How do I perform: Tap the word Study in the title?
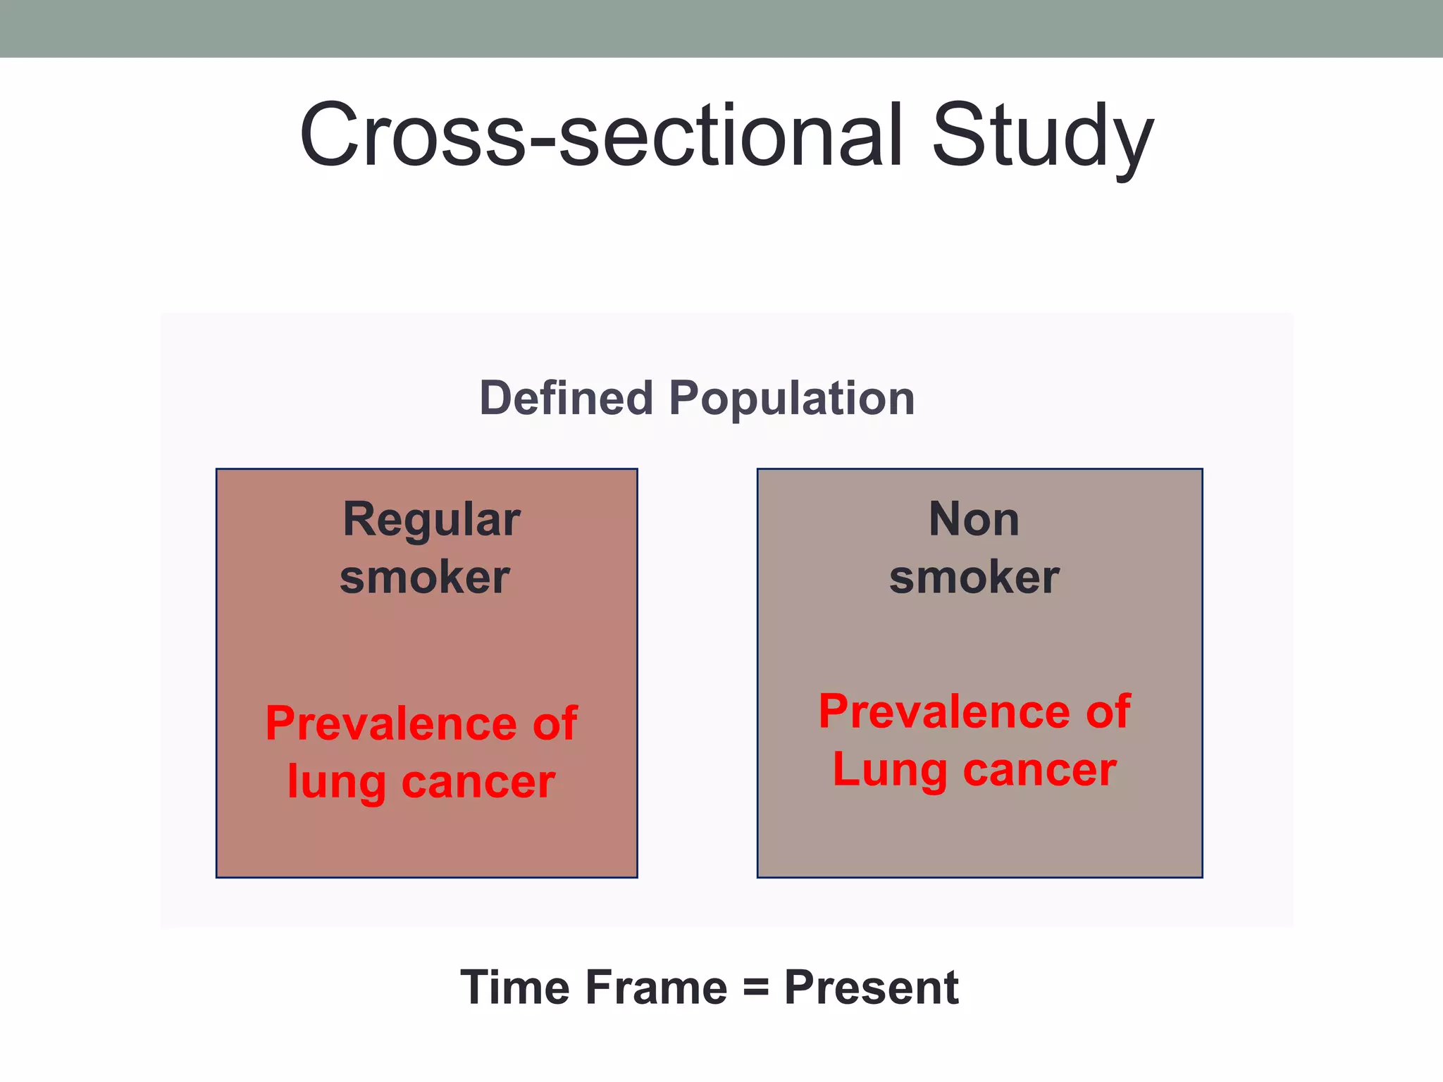(1042, 137)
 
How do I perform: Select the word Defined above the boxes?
(566, 399)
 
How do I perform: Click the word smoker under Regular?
(424, 578)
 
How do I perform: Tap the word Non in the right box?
(974, 520)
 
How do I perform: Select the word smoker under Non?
(974, 578)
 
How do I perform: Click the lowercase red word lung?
(336, 783)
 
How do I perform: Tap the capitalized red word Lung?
(889, 771)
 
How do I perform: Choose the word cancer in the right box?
(1039, 770)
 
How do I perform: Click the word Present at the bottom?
(871, 988)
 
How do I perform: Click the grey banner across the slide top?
(721, 28)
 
